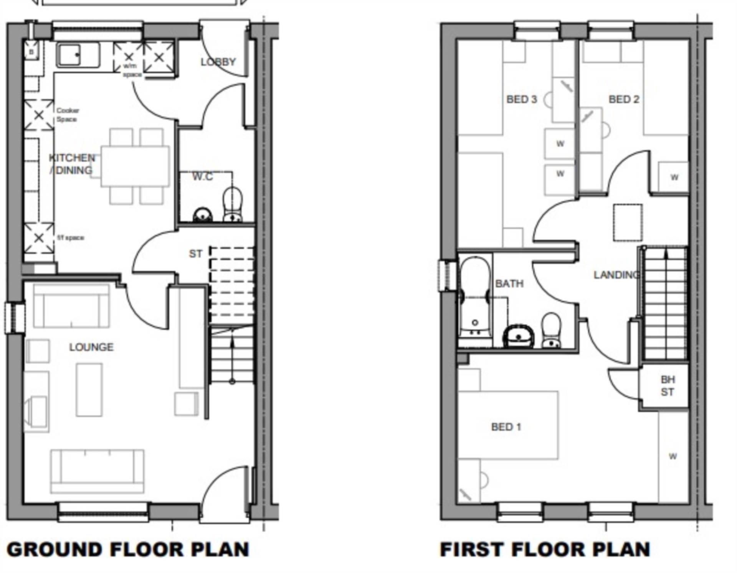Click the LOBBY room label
[x=218, y=61]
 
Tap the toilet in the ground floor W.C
[x=233, y=203]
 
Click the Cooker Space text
[x=68, y=115]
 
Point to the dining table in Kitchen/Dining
[x=135, y=166]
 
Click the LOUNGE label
[x=91, y=347]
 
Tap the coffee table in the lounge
[x=89, y=390]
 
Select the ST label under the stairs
[x=195, y=254]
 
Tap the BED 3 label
[x=521, y=99]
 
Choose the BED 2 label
[x=624, y=99]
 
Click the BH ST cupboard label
[x=668, y=385]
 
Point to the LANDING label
[x=616, y=275]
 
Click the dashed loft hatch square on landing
[x=628, y=222]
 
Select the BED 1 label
[x=506, y=427]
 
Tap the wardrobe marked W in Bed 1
[x=673, y=456]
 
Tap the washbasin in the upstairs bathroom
[x=519, y=336]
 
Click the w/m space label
[x=131, y=70]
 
